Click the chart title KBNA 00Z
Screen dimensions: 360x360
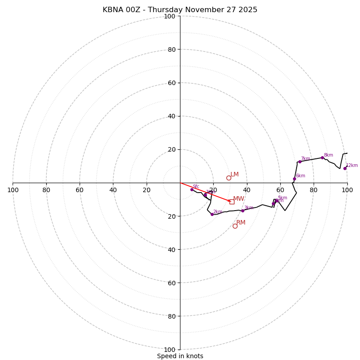[x=180, y=10]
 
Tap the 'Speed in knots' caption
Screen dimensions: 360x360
[x=180, y=356]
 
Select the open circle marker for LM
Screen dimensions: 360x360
[x=229, y=178]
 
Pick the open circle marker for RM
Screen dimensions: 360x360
[x=235, y=226]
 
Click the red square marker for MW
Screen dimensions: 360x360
[x=232, y=202]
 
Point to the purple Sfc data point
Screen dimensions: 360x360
[x=192, y=189]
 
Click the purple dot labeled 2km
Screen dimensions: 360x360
[x=212, y=214]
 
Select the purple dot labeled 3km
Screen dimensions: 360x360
[x=243, y=211]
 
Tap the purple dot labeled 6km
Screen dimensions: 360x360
[x=294, y=179]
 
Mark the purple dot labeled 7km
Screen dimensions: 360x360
[x=300, y=162]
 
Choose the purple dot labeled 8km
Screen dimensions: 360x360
[x=322, y=157]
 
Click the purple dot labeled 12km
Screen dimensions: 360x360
[x=345, y=168]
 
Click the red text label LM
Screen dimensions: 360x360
[x=234, y=175]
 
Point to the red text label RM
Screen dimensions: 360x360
[x=241, y=223]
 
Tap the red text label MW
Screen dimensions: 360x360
[x=238, y=199]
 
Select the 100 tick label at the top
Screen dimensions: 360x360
[x=170, y=17]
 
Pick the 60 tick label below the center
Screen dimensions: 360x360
[x=170, y=283]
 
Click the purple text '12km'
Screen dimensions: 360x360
[x=352, y=166]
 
